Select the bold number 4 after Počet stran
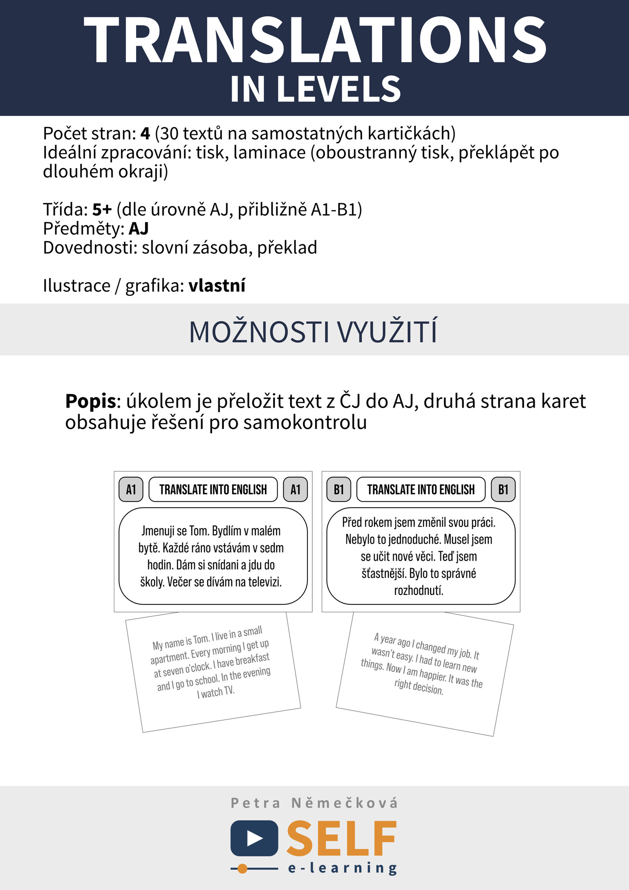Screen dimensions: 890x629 click(145, 133)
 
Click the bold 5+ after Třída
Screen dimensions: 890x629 click(102, 209)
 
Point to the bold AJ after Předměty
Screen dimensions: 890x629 click(138, 228)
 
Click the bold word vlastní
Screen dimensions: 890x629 click(217, 286)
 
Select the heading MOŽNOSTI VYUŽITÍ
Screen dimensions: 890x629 click(314, 332)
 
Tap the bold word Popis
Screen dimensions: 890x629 click(90, 401)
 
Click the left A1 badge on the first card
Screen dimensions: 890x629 click(131, 489)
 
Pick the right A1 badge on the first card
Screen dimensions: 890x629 click(295, 489)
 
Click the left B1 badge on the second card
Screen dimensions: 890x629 click(339, 489)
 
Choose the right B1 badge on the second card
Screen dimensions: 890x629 click(503, 489)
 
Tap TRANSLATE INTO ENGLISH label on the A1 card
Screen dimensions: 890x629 click(213, 489)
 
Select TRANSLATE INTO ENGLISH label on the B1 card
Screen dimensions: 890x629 click(421, 489)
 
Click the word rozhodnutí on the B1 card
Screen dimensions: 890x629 click(419, 591)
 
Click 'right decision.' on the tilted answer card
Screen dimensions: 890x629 click(419, 686)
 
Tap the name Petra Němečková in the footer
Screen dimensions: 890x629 click(314, 803)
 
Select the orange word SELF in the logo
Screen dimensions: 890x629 click(342, 839)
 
